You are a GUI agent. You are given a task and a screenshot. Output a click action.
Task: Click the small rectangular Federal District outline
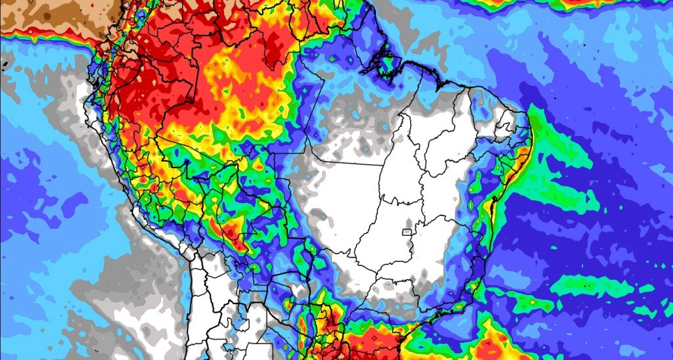click(407, 231)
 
